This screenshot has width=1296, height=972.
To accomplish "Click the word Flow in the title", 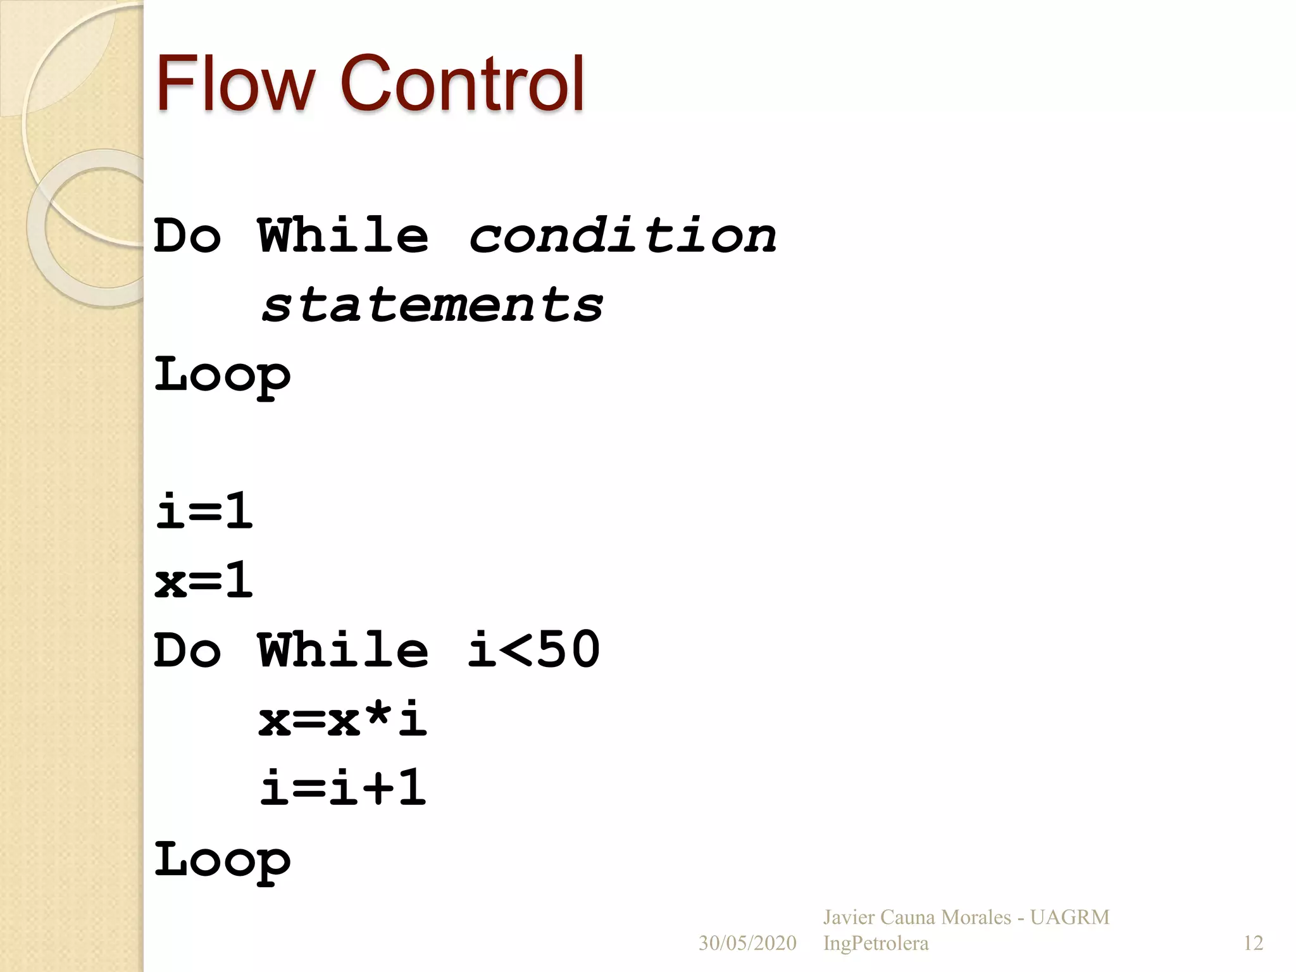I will click(x=234, y=83).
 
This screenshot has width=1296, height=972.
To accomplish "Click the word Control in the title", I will click(x=462, y=83).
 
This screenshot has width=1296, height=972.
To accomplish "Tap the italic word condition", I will click(x=623, y=235).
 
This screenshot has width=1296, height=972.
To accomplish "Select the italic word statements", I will click(x=432, y=305).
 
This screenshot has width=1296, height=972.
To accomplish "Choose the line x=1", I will click(x=204, y=580).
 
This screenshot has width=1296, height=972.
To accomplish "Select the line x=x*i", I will click(x=342, y=720).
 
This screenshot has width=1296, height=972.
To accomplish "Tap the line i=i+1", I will click(x=342, y=788).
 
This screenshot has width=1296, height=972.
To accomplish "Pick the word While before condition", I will click(x=343, y=235).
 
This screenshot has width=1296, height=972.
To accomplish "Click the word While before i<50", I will click(x=343, y=649).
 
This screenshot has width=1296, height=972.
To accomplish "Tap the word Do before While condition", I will click(x=187, y=235).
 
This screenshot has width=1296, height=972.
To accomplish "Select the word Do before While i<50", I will click(x=187, y=649).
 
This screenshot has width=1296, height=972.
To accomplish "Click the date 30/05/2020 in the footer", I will click(x=747, y=944).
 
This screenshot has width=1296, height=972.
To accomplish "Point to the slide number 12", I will click(x=1253, y=944).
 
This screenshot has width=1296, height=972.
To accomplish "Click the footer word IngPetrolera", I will click(x=876, y=944).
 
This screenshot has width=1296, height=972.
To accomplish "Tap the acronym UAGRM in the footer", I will click(x=1069, y=918).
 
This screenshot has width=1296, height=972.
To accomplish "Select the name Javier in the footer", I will click(x=849, y=918).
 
